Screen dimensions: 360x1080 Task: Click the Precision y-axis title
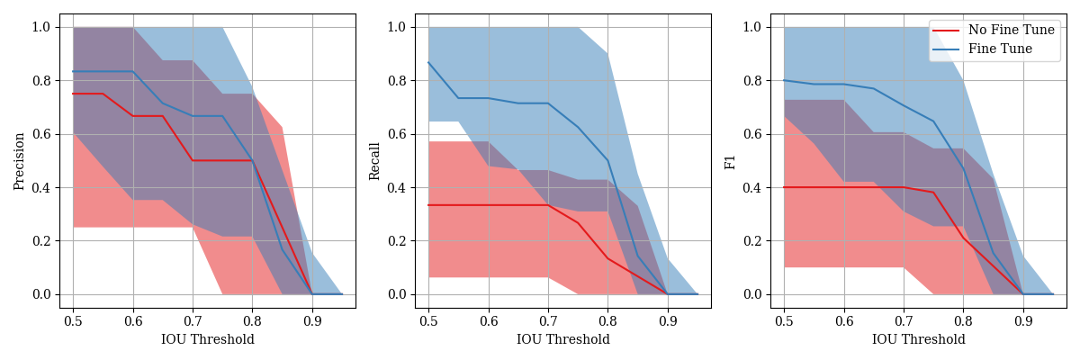pos(19,161)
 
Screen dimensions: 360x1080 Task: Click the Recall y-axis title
pos(375,161)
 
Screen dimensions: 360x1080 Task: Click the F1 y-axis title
pos(730,161)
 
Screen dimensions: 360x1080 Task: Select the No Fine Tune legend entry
pos(1011,31)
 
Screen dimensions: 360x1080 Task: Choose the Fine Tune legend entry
pos(998,49)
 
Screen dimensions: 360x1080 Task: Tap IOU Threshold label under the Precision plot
pos(208,340)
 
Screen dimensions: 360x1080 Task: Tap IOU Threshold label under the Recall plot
pos(563,340)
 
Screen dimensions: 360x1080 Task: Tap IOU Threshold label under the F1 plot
pos(919,340)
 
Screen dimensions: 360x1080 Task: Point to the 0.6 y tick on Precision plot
pos(43,134)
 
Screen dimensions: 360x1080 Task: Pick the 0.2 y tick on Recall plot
pos(399,241)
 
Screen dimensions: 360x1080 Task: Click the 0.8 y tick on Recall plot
pos(399,81)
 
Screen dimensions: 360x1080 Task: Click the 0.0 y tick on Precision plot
pos(43,294)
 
